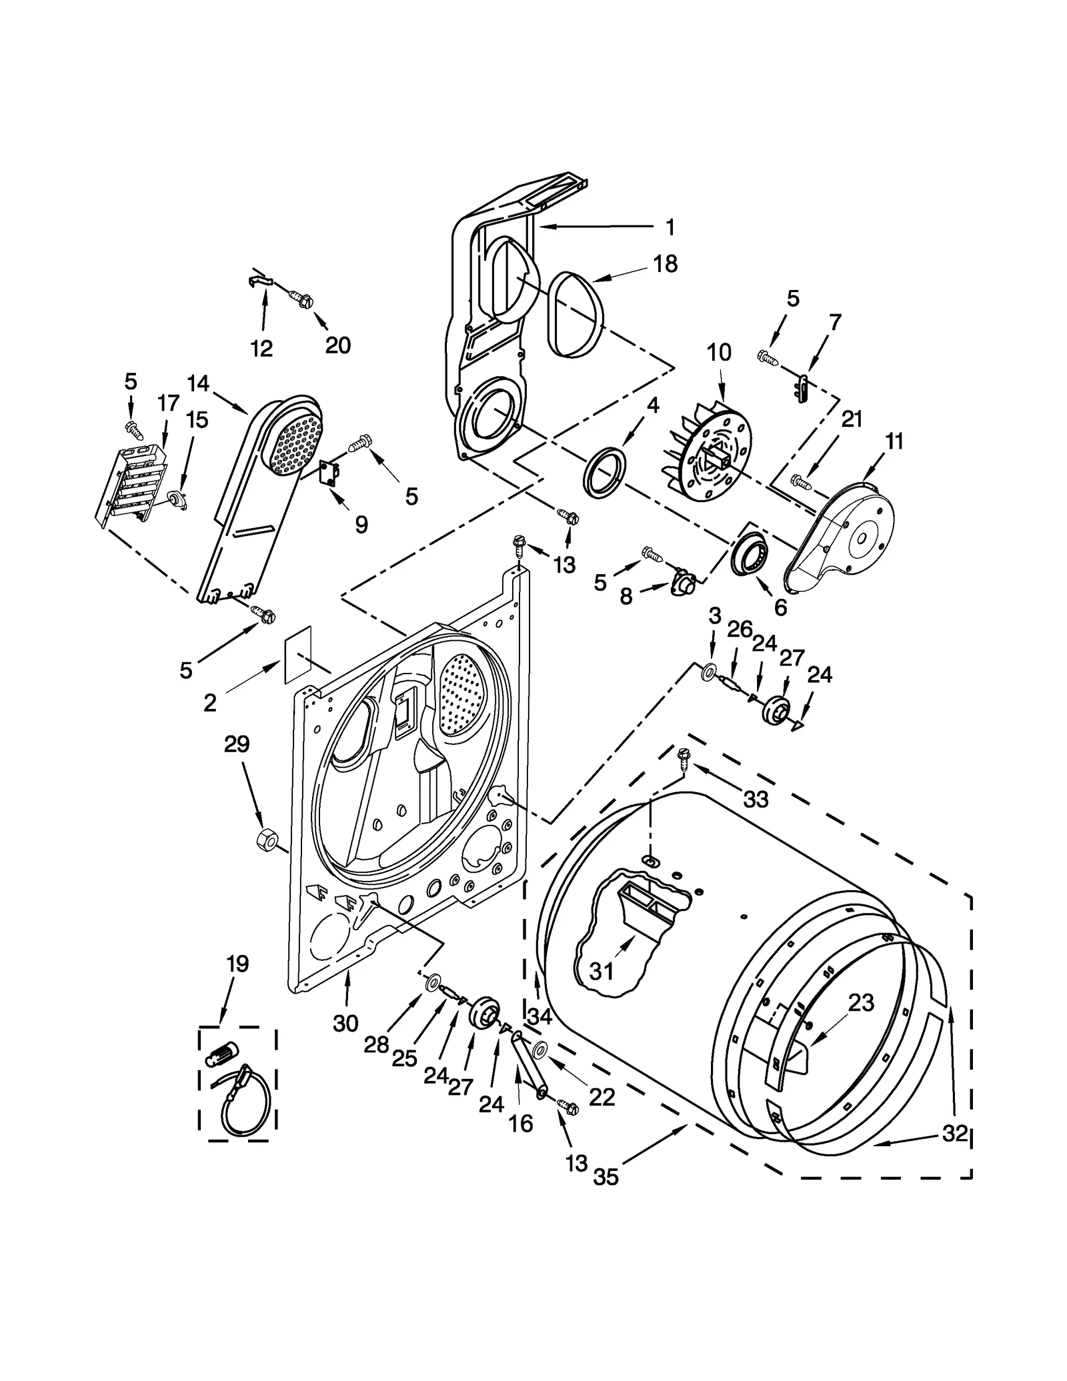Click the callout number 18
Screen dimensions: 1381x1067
click(665, 264)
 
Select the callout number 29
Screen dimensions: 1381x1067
click(236, 744)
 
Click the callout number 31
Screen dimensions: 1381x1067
click(602, 972)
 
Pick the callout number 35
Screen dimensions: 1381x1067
click(606, 1177)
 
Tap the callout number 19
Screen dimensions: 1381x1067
click(237, 964)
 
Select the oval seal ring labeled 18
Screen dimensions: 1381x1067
click(577, 312)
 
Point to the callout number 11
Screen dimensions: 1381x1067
click(894, 441)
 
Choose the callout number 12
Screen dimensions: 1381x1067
click(261, 348)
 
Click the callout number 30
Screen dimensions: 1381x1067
click(345, 1023)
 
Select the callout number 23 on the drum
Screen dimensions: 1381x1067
click(861, 1002)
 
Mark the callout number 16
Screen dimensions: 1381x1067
click(521, 1124)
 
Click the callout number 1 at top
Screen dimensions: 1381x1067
click(670, 227)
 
